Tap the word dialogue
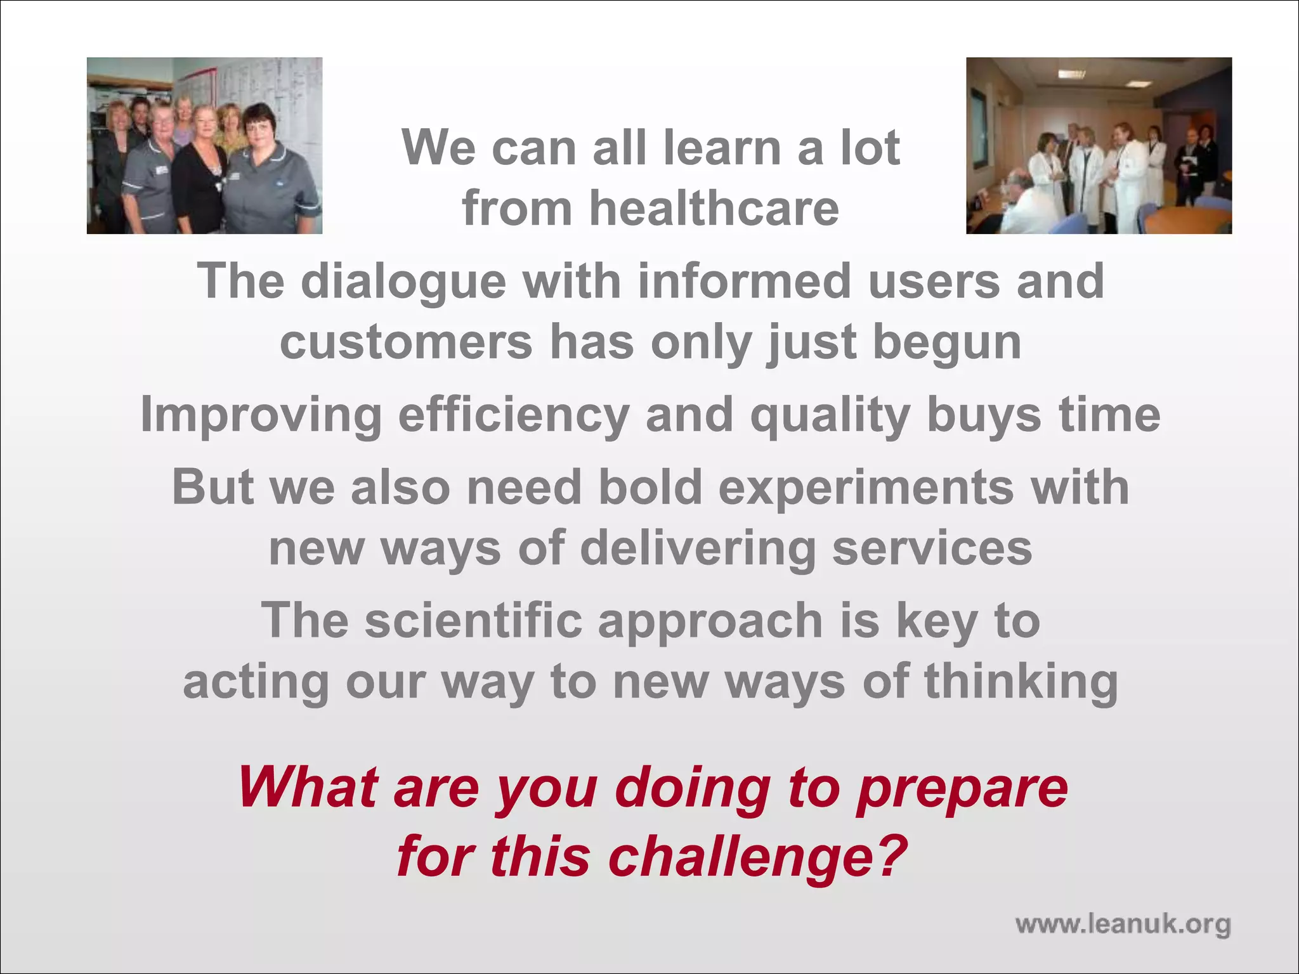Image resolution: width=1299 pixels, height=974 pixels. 403,282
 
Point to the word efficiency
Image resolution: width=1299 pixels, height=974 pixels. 514,416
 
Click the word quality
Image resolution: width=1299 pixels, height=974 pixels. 830,416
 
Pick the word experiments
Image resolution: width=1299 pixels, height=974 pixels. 866,488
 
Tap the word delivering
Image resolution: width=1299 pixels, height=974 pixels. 697,549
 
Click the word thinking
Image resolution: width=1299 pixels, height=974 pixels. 1021,682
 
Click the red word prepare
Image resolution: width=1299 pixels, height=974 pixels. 962,788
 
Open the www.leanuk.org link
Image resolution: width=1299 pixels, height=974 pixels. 1123,925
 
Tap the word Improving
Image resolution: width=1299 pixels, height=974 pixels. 261,416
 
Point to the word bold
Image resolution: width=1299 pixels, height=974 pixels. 650,488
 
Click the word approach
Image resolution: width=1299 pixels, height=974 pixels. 710,621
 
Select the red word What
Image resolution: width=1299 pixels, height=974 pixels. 309,788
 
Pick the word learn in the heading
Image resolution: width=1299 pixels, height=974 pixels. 722,148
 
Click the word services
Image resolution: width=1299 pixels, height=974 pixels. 932,549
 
